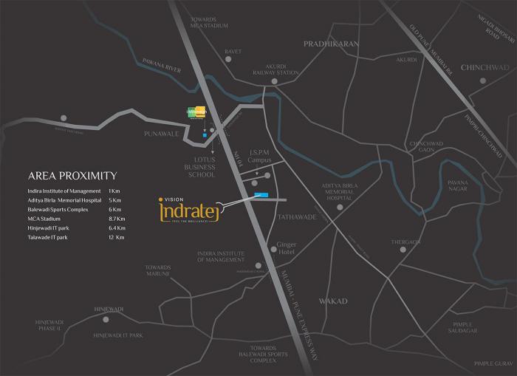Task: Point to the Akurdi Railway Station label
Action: [278, 69]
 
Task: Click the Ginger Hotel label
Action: [286, 247]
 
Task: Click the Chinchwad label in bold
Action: [485, 68]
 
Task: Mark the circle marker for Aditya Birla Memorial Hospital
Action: [340, 208]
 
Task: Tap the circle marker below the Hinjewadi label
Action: [106, 320]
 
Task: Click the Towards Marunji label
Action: [158, 271]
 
